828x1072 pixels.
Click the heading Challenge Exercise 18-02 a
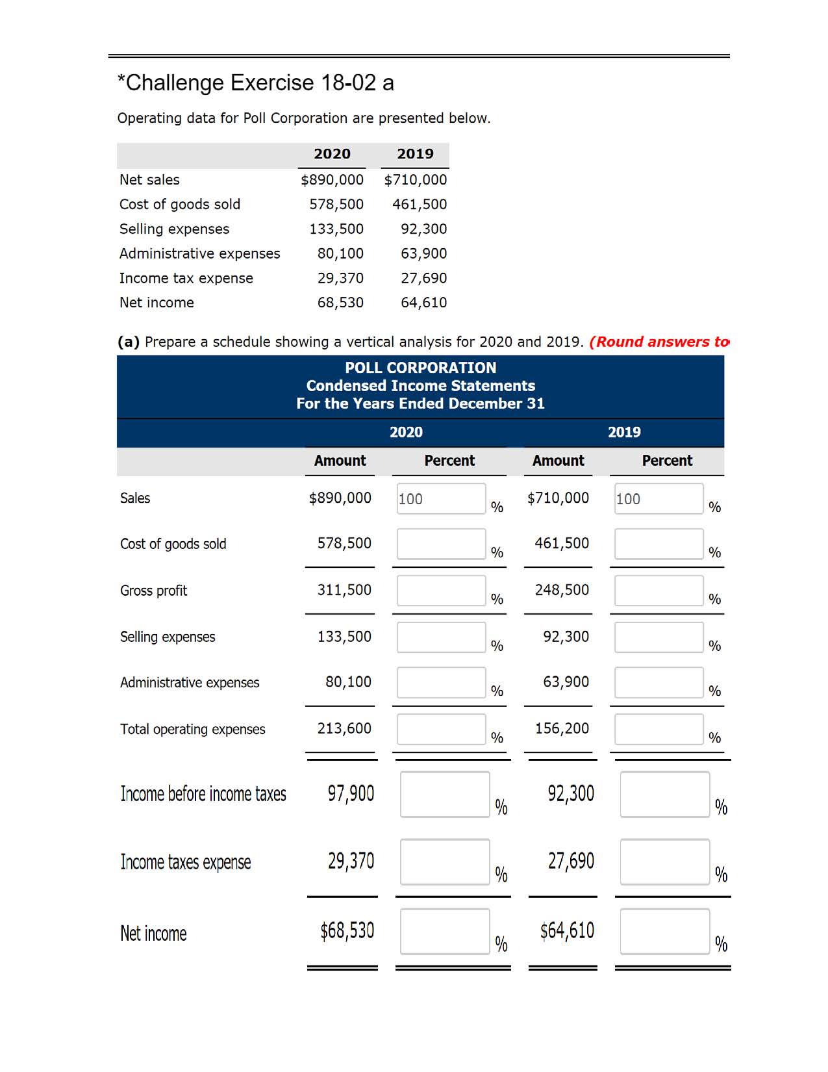pos(256,83)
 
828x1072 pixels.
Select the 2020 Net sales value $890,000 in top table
pos(332,180)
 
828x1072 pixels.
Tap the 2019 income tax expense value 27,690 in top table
pos(423,278)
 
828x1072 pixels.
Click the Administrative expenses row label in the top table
pos(199,253)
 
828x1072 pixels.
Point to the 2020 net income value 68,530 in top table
pos(340,303)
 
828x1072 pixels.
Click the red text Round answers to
pos(659,342)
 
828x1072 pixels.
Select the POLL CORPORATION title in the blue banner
pos(420,368)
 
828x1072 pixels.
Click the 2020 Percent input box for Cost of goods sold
pos(441,544)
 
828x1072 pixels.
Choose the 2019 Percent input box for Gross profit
pos(659,591)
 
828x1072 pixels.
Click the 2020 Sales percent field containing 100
pos(441,498)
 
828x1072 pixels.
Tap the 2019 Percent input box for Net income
pos(664,931)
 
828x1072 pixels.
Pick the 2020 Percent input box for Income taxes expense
pos(444,861)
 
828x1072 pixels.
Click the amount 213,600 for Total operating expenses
pos(344,729)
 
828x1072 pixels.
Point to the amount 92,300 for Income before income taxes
pos(570,793)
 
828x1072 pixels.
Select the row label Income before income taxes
pos(203,794)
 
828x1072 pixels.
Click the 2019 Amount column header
pos(558,461)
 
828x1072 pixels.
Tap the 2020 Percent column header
pos(449,461)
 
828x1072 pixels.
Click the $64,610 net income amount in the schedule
pos(567,931)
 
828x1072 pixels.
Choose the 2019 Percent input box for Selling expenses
pos(659,637)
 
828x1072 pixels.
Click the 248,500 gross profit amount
pos(562,590)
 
